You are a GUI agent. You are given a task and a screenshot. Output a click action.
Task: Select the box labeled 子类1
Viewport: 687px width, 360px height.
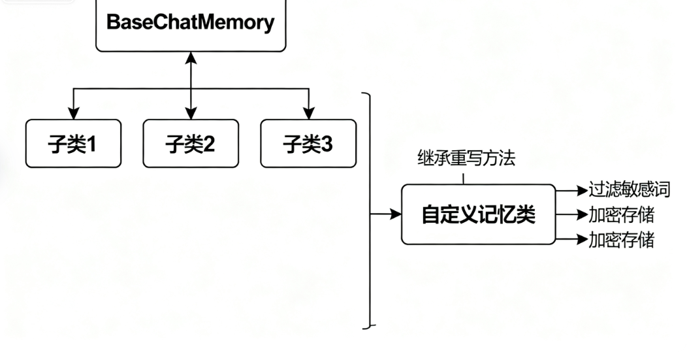point(73,143)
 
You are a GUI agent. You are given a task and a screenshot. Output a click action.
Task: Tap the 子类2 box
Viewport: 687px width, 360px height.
point(191,143)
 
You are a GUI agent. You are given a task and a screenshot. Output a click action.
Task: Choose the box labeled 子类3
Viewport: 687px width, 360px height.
point(308,143)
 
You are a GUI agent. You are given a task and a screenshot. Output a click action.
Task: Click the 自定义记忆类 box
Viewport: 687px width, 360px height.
point(478,214)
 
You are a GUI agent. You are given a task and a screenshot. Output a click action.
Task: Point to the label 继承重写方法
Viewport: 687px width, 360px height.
point(466,158)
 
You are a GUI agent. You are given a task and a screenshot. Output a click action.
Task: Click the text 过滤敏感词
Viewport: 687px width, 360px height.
point(629,190)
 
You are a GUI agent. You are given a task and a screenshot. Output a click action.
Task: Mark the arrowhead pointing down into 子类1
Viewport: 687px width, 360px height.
point(73,114)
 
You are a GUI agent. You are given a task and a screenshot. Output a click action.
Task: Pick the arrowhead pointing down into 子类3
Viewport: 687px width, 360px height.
point(308,114)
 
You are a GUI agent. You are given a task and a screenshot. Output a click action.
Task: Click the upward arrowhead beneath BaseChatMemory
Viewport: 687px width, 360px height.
point(191,59)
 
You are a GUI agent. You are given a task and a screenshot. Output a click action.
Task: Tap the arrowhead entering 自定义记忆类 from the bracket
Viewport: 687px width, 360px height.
point(395,214)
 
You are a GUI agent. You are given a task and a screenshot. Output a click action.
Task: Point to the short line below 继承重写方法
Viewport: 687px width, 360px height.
point(464,178)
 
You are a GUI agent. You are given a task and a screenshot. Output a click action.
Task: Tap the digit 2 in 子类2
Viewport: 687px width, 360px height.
point(208,144)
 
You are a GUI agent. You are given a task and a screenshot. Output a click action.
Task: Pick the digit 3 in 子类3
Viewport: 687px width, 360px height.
point(327,144)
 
